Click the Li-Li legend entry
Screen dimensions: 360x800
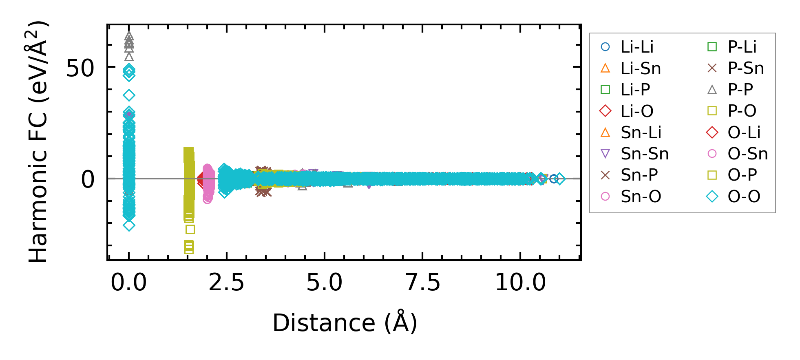636,47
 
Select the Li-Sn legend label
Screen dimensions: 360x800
641,68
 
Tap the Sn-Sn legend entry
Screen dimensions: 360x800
644,154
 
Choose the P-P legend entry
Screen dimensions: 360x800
740,90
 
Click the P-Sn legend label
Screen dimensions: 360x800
745,68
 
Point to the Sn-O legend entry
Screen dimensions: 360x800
641,197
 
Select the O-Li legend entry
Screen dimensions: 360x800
744,133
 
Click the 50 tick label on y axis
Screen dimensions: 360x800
80,68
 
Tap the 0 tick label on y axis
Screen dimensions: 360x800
88,179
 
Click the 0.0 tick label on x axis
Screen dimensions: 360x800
129,282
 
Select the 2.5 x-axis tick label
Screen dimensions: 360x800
226,282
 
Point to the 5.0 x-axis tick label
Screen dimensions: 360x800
325,282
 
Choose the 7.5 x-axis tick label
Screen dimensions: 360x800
423,282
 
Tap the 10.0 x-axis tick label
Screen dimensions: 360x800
520,282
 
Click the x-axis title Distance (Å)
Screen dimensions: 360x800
345,323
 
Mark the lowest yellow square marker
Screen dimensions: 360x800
189,250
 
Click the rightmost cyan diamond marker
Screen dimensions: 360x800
560,179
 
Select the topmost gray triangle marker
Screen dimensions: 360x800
129,36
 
